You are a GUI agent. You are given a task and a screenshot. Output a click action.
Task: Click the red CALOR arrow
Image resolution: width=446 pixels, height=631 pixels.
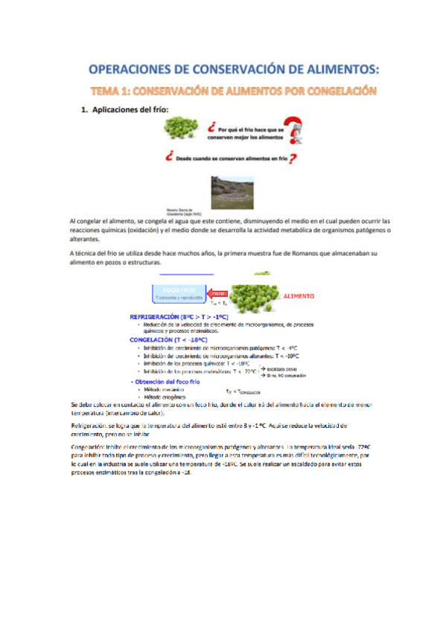tap(219, 294)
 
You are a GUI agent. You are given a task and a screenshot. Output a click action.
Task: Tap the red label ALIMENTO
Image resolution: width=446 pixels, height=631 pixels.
tap(299, 296)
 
